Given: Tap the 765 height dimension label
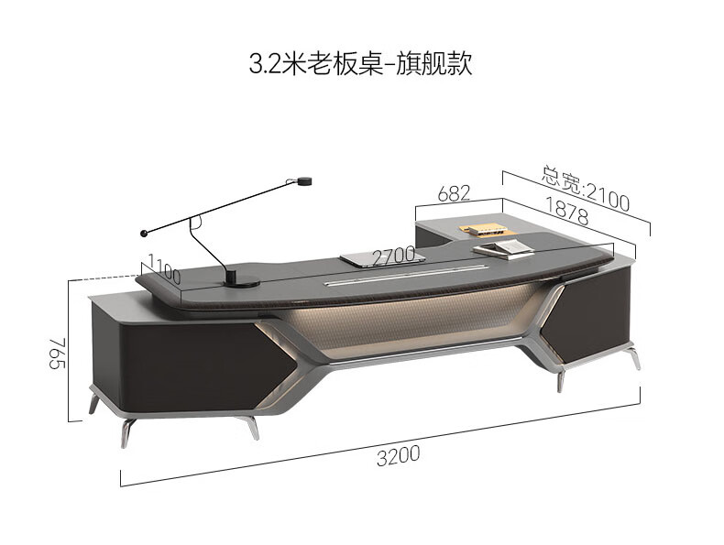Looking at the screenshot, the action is pos(57,352).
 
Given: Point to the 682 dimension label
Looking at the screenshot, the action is pos(454,193).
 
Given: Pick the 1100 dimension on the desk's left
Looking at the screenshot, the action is pos(162,272).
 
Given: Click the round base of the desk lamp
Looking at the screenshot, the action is pos(239,277).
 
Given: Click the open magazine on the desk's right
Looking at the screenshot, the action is pos(495,247).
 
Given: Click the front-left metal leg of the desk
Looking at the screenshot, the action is pos(126,431).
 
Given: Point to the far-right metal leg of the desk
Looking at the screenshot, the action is pos(633,359).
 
